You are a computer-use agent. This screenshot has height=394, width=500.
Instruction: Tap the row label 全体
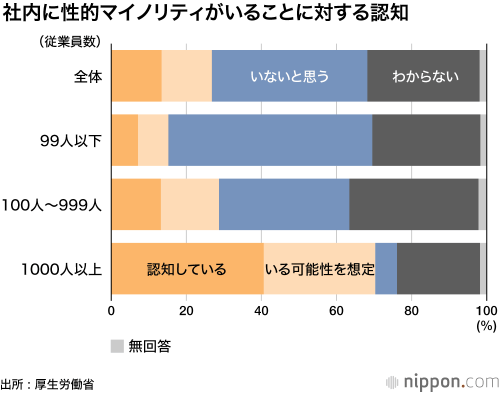88,76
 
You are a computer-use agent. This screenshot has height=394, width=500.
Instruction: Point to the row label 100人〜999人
51,205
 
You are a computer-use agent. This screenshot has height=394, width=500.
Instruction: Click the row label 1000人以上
62,269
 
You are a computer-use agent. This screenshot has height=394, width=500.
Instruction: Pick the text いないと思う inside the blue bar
289,76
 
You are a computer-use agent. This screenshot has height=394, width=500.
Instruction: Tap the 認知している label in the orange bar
186,269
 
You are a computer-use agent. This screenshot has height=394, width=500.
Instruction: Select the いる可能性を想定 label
319,269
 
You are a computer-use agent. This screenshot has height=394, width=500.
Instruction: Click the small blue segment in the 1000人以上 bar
386,268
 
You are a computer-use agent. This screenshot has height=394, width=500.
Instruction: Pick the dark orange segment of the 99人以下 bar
124,140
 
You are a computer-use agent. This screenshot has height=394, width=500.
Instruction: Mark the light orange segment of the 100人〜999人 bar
190,204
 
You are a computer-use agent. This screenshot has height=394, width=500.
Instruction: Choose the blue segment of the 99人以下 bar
270,140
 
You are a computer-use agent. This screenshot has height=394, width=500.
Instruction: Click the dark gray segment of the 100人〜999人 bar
413,204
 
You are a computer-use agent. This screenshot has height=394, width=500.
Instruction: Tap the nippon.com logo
442,381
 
